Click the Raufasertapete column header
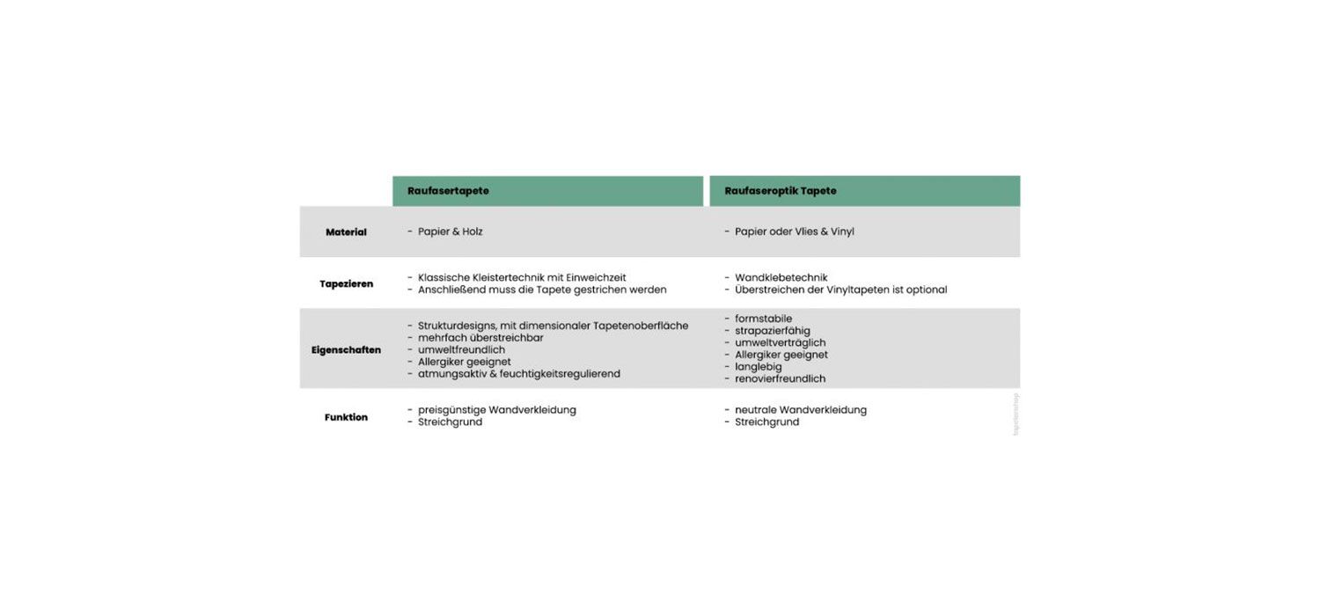[x=448, y=191]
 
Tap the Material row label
[x=346, y=232]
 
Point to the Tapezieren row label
[x=346, y=284]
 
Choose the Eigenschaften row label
[x=346, y=350]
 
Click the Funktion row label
[x=346, y=417]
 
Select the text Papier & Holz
[x=450, y=231]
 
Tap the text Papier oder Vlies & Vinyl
[x=794, y=231]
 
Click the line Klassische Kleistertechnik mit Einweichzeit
[x=522, y=277]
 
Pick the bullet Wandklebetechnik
[x=781, y=277]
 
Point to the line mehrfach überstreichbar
[x=480, y=338]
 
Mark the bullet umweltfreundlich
[x=461, y=349]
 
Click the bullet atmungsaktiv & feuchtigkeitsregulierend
[x=518, y=374]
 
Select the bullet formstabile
[x=763, y=319]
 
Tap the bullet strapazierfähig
[x=773, y=331]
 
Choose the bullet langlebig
[x=758, y=367]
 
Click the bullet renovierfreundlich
[x=780, y=379]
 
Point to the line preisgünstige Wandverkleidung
[x=496, y=410]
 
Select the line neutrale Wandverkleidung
[x=801, y=410]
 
